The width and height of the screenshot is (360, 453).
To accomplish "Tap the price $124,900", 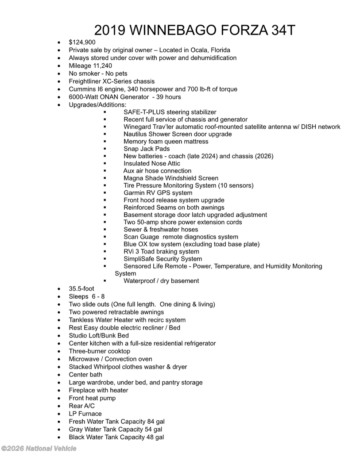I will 82,42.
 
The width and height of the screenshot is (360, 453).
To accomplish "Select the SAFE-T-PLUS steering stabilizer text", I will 170,112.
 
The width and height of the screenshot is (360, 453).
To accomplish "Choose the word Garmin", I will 135,193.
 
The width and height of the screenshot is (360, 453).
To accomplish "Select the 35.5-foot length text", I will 81,289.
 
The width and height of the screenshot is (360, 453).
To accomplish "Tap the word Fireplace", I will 83,390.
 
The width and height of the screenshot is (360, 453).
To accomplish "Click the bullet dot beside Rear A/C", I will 59,406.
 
